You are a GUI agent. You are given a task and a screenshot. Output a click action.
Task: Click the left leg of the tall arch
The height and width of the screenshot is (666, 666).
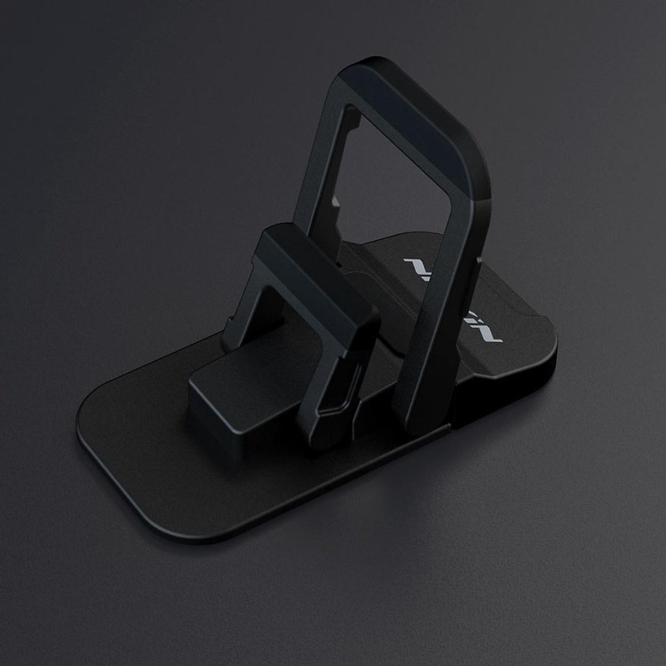pos(322,176)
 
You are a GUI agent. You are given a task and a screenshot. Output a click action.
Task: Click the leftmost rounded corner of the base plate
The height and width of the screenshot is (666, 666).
pos(85,423)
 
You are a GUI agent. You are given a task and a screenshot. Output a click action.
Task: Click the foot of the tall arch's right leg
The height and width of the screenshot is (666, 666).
pos(423,423)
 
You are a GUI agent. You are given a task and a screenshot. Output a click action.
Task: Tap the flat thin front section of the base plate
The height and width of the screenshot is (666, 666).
pos(163,468)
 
